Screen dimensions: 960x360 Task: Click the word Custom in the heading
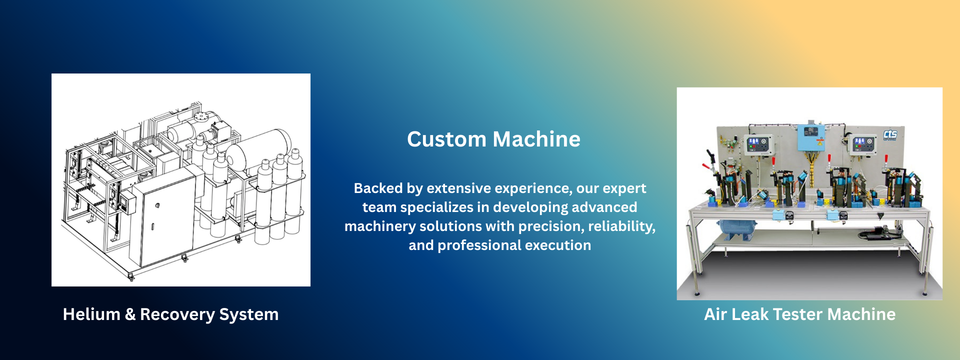pyautogui.click(x=446, y=139)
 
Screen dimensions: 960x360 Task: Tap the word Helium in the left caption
pyautogui.click(x=91, y=314)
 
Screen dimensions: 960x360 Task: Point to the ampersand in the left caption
pyautogui.click(x=130, y=314)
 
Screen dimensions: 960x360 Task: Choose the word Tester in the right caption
pyautogui.click(x=798, y=314)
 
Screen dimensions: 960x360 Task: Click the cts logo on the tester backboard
pyautogui.click(x=890, y=134)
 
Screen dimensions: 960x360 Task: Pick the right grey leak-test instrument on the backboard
pyautogui.click(x=864, y=144)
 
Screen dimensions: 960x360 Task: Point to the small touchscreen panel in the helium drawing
pyautogui.click(x=129, y=202)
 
